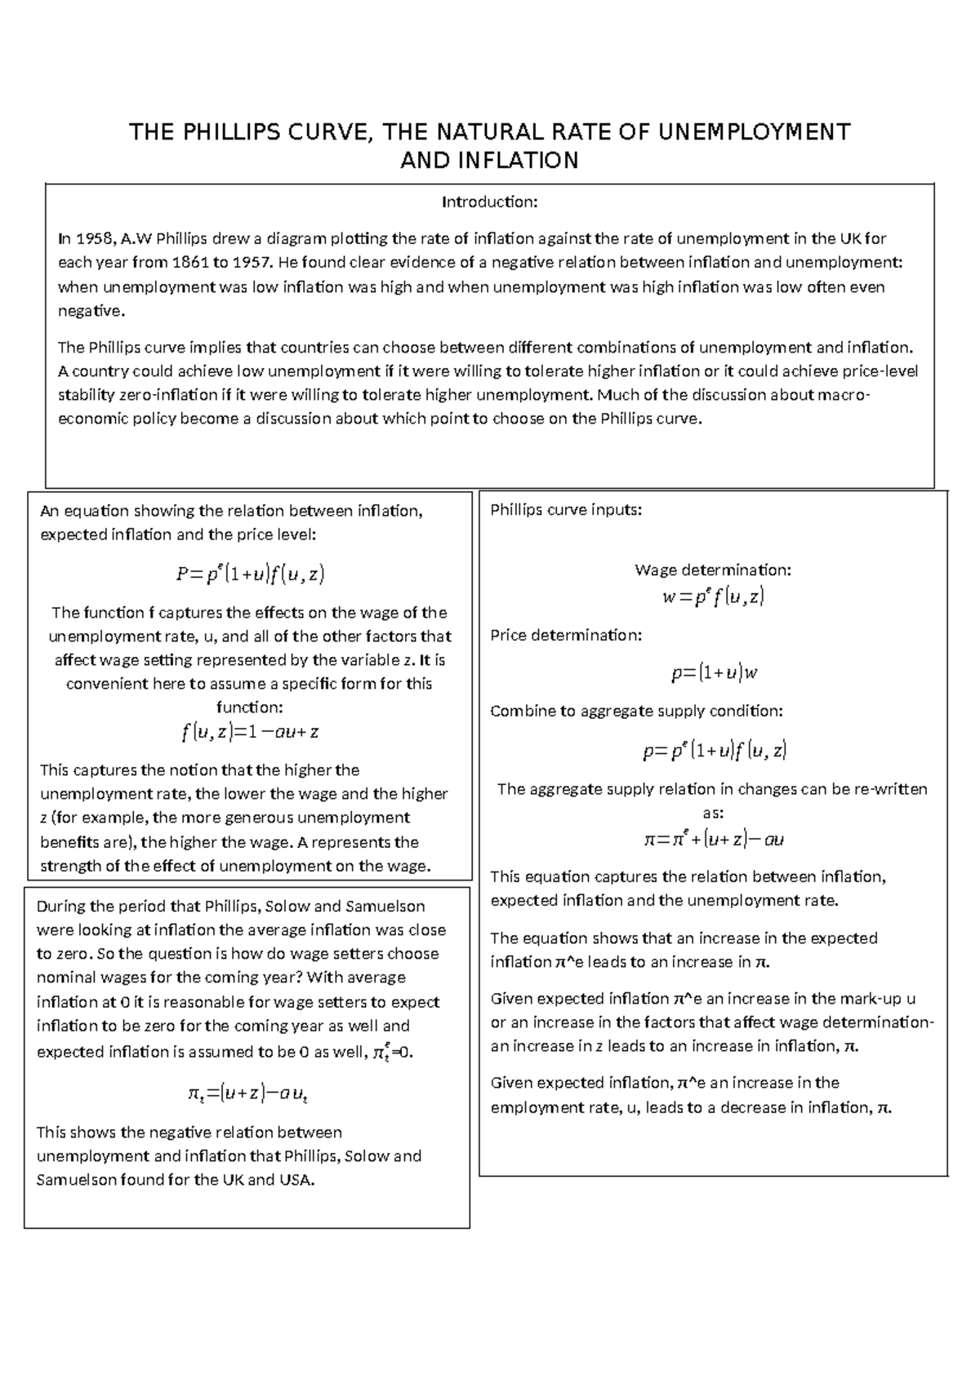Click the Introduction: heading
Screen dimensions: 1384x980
click(489, 202)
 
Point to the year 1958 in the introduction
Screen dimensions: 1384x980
click(94, 239)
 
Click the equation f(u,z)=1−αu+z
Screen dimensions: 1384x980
click(250, 731)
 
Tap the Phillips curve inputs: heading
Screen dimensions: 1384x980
click(566, 510)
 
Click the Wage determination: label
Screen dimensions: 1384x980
click(712, 570)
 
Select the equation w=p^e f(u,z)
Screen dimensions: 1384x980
click(712, 597)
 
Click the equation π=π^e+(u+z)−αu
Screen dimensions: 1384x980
click(714, 839)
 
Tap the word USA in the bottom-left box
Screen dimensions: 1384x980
click(295, 1180)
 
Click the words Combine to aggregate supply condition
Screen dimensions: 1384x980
click(636, 711)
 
